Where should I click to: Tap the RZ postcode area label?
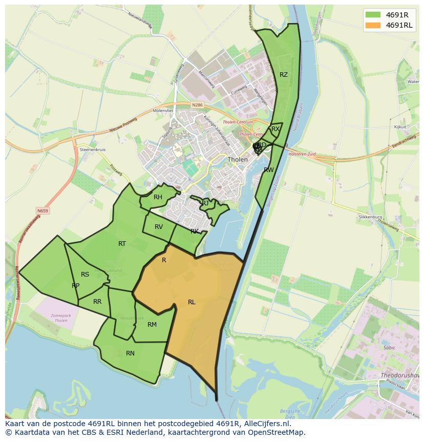284,75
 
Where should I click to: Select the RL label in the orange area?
192,302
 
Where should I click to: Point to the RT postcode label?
122,244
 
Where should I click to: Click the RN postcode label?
130,353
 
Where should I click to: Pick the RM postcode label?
152,325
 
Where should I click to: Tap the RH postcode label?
158,197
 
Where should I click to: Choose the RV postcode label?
159,227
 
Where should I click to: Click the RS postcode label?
85,275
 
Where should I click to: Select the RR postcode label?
97,302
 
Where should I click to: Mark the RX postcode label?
275,129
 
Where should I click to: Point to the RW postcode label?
268,170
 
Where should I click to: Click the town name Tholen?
238,159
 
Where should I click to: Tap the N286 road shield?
197,106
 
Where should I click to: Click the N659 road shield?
43,211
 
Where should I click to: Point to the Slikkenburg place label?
370,217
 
